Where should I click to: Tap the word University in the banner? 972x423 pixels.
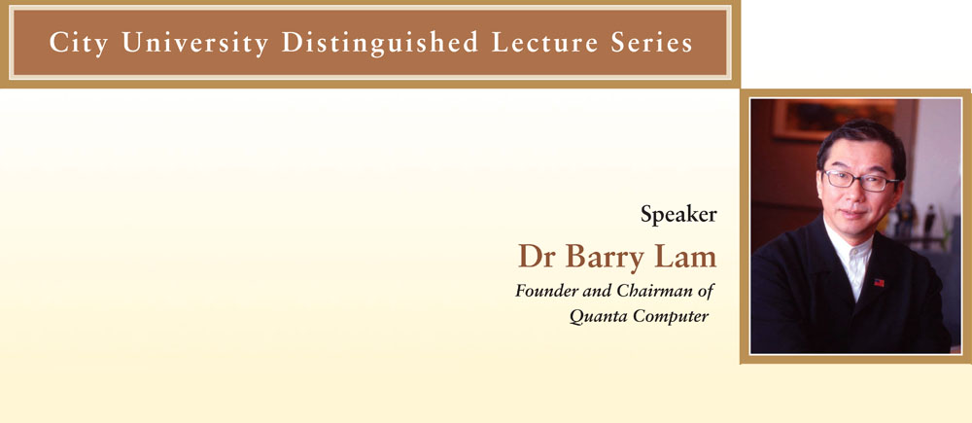(195, 43)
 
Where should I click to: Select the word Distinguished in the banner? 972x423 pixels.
(380, 42)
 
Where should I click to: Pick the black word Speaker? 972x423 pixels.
(678, 215)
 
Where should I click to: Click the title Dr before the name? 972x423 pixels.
(538, 256)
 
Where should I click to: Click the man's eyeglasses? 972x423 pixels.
(859, 180)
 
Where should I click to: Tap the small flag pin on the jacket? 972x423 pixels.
(879, 282)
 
